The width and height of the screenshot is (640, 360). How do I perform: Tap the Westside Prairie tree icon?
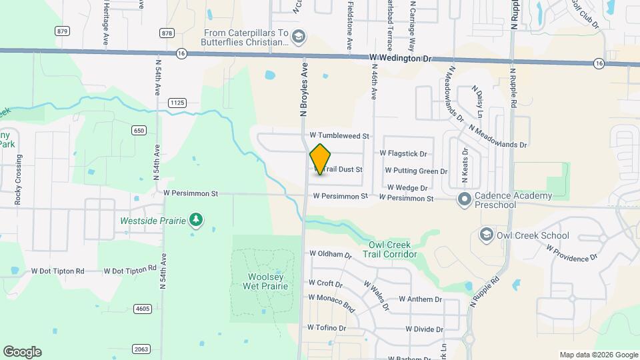click(195, 219)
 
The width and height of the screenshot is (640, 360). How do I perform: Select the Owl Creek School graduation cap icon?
click(485, 235)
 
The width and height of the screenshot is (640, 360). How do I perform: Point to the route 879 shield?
click(63, 31)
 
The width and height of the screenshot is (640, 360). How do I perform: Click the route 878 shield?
click(167, 33)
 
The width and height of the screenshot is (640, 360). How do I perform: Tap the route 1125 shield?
click(177, 102)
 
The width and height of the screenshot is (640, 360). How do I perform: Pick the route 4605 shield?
click(142, 308)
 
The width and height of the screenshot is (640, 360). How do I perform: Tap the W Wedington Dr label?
click(401, 59)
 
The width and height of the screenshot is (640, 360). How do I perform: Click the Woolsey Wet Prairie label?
click(260, 281)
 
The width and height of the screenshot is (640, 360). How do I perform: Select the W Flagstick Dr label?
click(403, 153)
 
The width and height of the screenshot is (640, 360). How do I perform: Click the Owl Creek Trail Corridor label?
click(390, 249)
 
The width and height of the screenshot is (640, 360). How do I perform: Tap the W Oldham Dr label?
click(330, 254)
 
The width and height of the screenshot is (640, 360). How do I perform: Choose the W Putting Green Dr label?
click(415, 171)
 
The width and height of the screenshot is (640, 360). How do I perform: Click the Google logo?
click(22, 352)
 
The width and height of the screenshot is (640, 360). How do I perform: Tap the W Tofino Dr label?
click(327, 327)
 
